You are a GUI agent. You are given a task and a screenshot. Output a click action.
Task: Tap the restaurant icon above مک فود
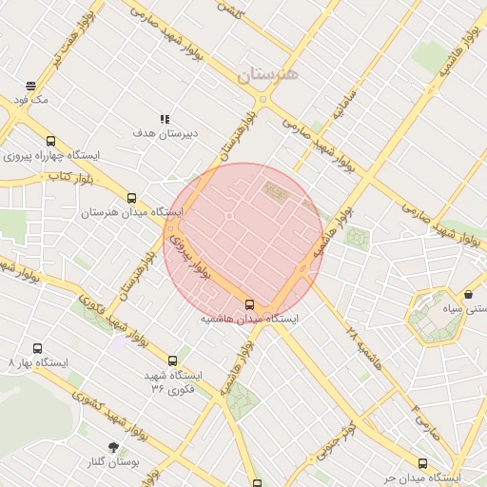(31, 85)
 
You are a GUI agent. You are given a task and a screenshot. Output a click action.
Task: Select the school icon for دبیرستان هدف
(165, 120)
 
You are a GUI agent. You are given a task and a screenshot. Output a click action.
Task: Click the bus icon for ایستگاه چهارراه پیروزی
(50, 141)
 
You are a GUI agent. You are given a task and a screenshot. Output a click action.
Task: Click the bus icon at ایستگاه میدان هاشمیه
(249, 304)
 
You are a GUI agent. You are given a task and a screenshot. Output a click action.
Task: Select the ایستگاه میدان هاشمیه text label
(249, 320)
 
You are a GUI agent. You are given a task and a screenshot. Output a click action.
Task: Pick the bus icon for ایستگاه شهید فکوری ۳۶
(172, 360)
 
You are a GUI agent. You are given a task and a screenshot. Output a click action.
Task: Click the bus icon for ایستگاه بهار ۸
(37, 349)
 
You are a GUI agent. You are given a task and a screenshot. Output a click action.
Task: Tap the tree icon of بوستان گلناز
(114, 446)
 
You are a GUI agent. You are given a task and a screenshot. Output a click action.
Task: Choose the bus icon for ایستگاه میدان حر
(422, 463)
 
